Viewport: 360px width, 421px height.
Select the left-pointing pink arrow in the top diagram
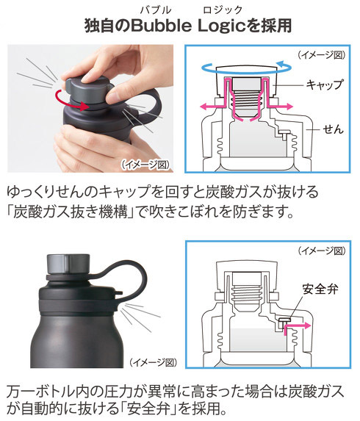[212, 107]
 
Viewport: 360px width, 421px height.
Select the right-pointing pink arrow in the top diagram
[281, 107]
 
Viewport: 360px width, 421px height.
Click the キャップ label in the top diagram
[325, 84]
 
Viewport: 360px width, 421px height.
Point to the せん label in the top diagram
[334, 130]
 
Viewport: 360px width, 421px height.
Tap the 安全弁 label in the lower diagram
[320, 289]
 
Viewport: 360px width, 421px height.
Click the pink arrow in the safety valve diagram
[295, 328]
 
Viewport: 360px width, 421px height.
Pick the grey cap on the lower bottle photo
[68, 264]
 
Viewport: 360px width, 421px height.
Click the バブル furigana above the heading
[156, 10]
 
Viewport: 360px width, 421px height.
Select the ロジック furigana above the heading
[223, 10]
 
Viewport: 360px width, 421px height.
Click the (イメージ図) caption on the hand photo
[145, 165]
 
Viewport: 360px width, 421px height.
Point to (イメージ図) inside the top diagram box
[321, 55]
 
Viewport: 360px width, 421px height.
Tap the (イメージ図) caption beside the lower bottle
[154, 363]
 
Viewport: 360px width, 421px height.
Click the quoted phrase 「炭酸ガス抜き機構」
[71, 212]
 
